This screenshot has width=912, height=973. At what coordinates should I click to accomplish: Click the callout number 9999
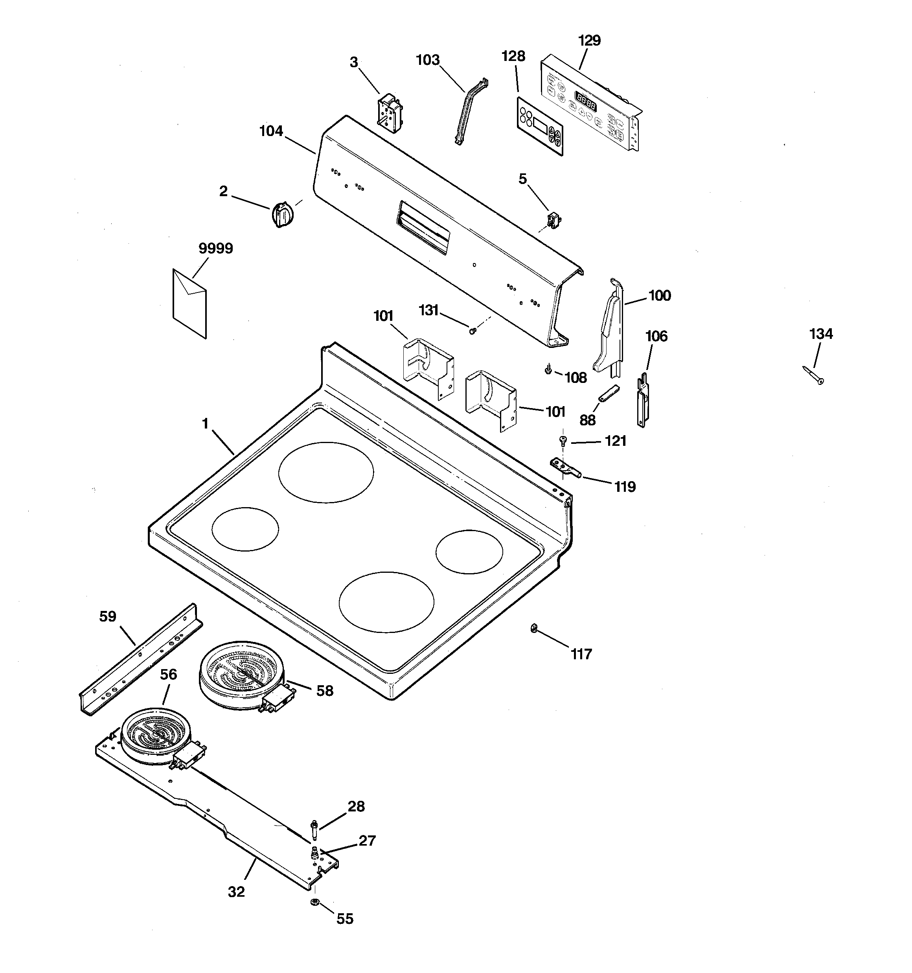215,248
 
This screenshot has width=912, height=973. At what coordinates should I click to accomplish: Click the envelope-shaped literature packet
189,303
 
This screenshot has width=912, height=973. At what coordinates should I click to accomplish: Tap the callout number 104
271,131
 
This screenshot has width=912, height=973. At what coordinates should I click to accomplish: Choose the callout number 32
236,892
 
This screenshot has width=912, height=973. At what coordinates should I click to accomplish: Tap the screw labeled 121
563,440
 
